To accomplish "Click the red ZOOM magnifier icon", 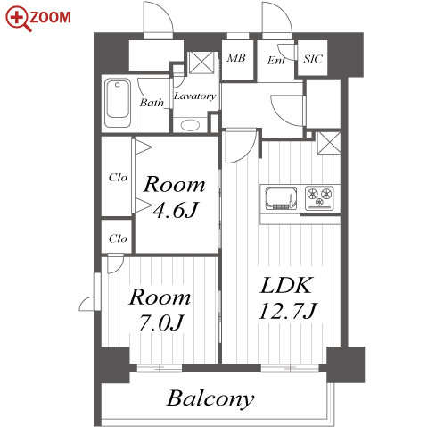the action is click(18, 19).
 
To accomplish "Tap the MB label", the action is click(236, 58).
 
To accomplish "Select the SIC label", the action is click(313, 59).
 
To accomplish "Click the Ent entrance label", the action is click(275, 61).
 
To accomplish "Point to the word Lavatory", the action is click(194, 96).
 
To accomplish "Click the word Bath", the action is click(152, 103).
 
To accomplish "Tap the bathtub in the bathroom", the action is click(118, 103).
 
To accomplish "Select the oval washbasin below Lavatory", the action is click(190, 125).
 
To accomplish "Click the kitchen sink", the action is click(281, 198).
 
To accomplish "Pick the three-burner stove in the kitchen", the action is click(319, 197).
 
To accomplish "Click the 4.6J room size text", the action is click(175, 211).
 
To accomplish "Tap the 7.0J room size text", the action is click(160, 322).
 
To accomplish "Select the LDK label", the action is click(286, 285).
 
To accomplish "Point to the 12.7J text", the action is click(288, 311).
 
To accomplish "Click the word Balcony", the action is click(210, 398).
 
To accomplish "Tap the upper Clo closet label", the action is click(118, 178).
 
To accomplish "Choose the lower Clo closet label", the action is click(118, 239).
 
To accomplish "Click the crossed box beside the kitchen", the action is click(329, 143).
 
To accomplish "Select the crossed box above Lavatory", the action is click(201, 63).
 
